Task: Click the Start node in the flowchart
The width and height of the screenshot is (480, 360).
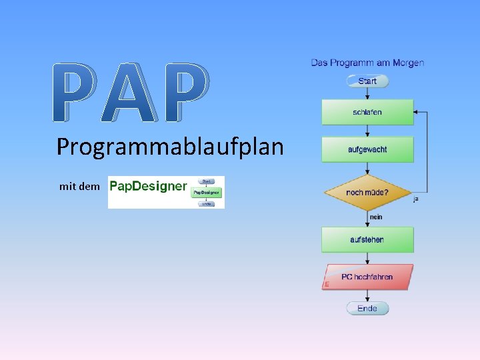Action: (x=367, y=81)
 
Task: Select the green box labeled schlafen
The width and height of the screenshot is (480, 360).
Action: (x=367, y=113)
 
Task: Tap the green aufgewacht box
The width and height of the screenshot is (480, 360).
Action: (x=367, y=150)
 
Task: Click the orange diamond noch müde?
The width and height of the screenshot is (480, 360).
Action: (x=367, y=193)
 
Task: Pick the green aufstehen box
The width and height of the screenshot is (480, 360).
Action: (x=367, y=239)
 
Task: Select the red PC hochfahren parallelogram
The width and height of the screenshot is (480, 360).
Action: (x=367, y=277)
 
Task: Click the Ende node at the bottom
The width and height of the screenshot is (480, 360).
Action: (x=367, y=308)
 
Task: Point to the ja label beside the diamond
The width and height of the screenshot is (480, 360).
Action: (x=416, y=199)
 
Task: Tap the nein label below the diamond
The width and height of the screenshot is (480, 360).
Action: (x=376, y=217)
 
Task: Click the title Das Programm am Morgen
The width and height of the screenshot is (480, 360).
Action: (x=367, y=63)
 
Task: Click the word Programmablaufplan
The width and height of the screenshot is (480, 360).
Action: (x=170, y=147)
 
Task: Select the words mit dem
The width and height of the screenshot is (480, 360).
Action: (x=79, y=187)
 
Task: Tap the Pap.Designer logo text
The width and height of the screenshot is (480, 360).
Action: (x=147, y=186)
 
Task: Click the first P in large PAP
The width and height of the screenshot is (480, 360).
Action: (x=76, y=93)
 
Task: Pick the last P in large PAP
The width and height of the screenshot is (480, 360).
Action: (x=183, y=93)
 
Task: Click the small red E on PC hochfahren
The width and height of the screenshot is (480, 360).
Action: (x=327, y=285)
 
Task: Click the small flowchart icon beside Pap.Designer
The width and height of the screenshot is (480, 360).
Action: (x=207, y=192)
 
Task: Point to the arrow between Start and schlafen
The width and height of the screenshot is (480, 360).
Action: (x=367, y=94)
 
